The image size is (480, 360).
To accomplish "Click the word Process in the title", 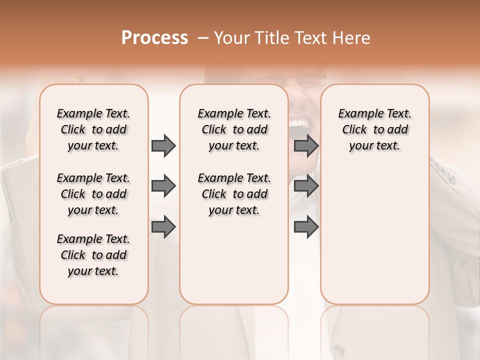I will click(x=154, y=38).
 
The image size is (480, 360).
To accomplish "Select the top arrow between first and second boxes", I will click(x=163, y=145).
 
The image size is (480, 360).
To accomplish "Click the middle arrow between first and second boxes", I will click(x=163, y=186).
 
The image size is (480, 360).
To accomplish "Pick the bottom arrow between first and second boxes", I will click(x=163, y=227).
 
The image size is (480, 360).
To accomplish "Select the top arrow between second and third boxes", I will click(x=306, y=145).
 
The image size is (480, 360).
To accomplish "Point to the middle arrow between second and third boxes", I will click(x=306, y=186).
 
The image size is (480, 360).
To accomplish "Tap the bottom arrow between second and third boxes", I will click(x=306, y=227).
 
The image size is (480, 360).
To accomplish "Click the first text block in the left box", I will click(x=93, y=129).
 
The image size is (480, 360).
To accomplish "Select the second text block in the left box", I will click(x=93, y=194).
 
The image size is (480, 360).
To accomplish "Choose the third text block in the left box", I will click(x=93, y=255).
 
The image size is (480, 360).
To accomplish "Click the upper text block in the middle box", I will click(x=234, y=129).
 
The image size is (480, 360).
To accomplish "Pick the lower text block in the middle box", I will click(x=234, y=194).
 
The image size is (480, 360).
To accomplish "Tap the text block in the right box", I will click(x=375, y=129).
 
